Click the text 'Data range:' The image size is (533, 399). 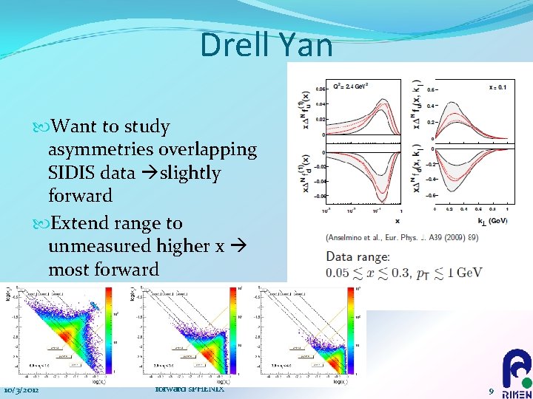[358, 256]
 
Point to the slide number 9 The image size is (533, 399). [491, 390]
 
